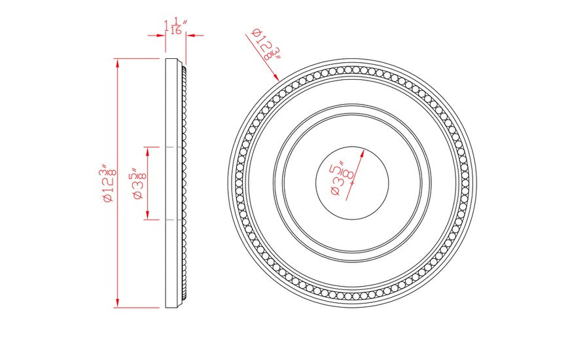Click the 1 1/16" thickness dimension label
click(x=175, y=26)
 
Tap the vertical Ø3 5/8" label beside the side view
click(x=137, y=183)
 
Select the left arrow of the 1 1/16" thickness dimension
click(x=162, y=36)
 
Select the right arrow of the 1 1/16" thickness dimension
click(x=190, y=36)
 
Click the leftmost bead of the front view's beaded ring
click(x=239, y=184)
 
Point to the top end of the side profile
click(x=173, y=61)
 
